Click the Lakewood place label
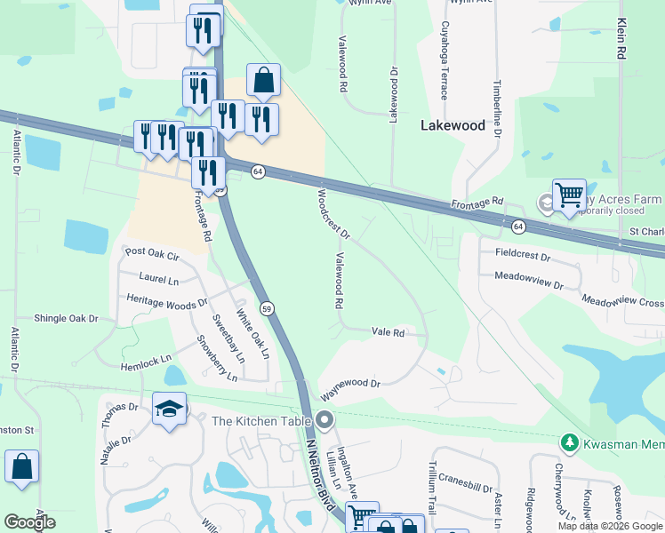[453, 125]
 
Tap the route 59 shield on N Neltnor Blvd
[267, 308]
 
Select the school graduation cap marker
[169, 409]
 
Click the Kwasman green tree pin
[568, 442]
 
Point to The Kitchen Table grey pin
[324, 420]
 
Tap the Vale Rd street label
[389, 333]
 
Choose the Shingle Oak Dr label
[65, 318]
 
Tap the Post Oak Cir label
[152, 253]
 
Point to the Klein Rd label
[621, 39]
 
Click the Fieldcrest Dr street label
[523, 256]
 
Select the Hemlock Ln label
[145, 362]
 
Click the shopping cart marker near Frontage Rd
[569, 196]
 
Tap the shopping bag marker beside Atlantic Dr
[21, 467]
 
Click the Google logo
[29, 522]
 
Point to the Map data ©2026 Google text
[609, 526]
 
